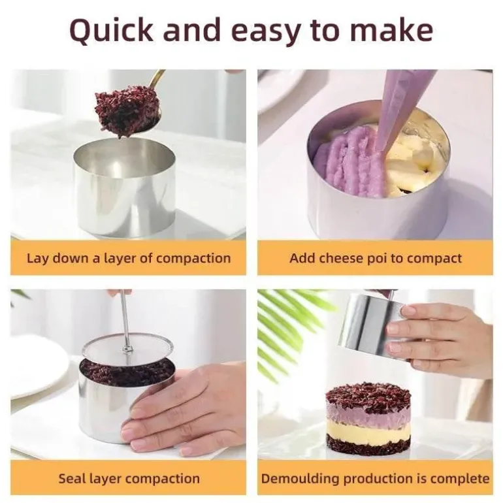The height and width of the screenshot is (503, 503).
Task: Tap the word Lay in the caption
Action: tap(38, 259)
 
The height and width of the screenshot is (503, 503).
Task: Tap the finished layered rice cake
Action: tap(368, 419)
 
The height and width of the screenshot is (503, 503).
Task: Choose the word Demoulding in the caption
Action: tap(300, 479)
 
